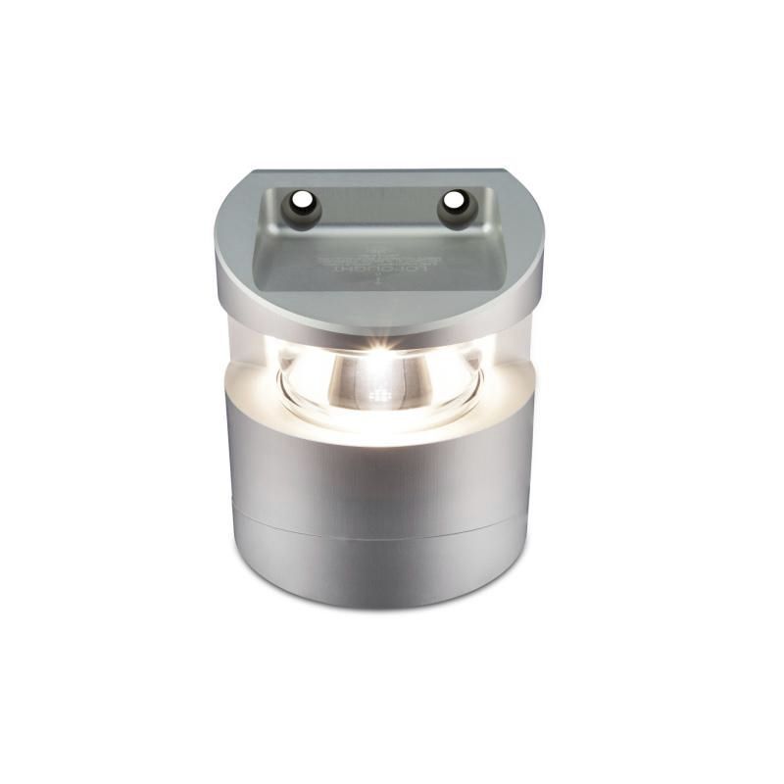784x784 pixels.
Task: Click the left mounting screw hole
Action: (302, 204)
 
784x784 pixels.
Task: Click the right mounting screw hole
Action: (454, 202)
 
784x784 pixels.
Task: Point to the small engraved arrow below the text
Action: (377, 280)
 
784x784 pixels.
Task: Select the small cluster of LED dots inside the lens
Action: (379, 398)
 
